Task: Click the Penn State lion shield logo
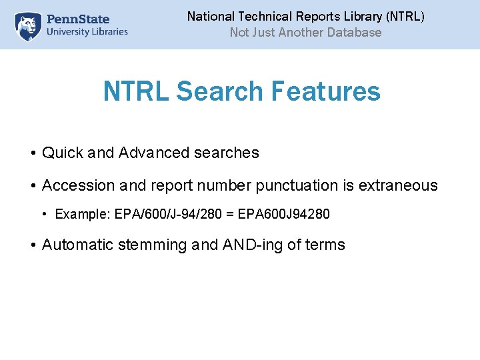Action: [x=28, y=26]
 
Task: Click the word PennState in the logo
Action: [x=79, y=19]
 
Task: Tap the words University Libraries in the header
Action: [x=87, y=31]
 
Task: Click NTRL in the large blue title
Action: [x=135, y=91]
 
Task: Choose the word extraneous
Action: [x=398, y=185]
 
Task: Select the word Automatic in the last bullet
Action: [x=77, y=245]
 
